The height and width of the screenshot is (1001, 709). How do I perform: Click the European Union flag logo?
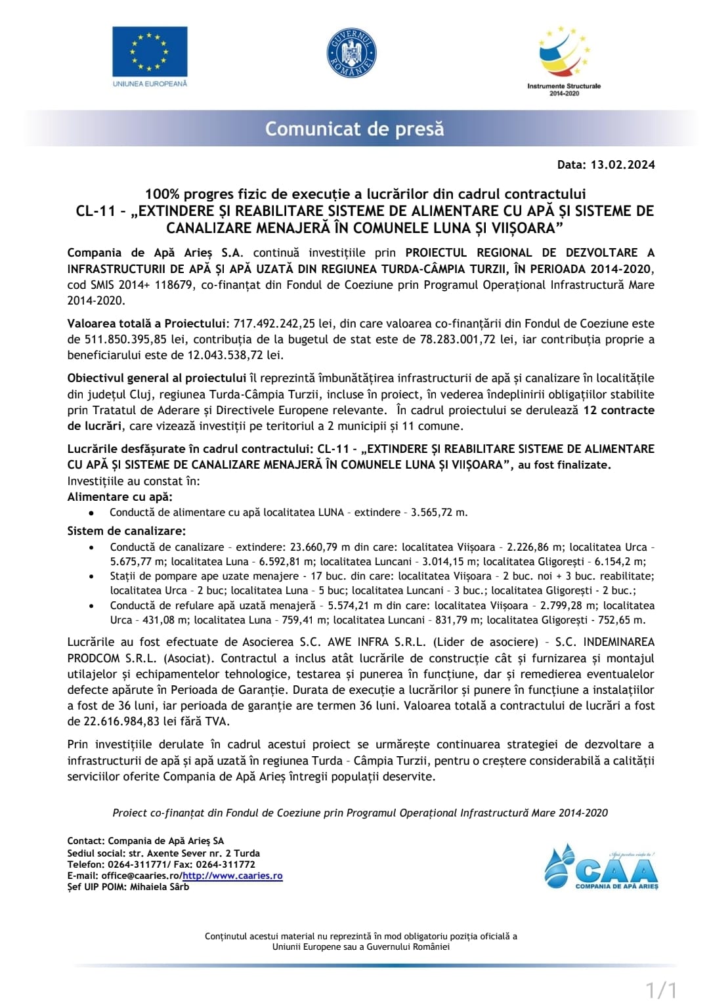[150, 52]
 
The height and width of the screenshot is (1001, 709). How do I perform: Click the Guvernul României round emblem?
[352, 53]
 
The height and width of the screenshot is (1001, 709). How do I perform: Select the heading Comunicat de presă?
[354, 129]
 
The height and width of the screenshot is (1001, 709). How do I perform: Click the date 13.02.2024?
[622, 165]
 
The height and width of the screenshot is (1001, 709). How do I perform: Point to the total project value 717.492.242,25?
[274, 324]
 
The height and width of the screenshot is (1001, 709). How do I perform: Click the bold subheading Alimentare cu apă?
[120, 497]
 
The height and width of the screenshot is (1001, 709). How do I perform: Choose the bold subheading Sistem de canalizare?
[127, 530]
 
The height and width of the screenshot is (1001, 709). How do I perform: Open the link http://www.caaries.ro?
[232, 876]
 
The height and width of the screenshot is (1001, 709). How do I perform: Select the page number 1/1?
[662, 989]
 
